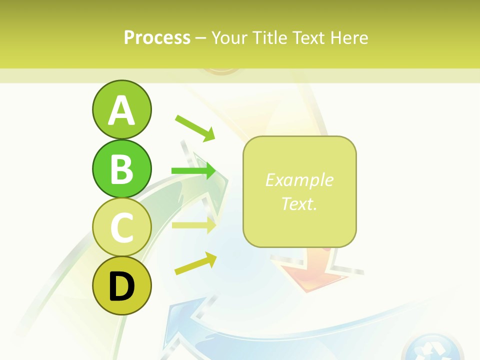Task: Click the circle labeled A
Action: point(121,109)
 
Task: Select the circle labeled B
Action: point(121,168)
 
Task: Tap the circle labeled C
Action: point(121,227)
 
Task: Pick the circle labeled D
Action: point(121,285)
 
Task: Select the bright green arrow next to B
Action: point(193,171)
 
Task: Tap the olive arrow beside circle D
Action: point(195,263)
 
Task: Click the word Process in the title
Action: point(157,37)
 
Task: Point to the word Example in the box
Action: point(299,180)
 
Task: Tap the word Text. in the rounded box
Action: point(299,203)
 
